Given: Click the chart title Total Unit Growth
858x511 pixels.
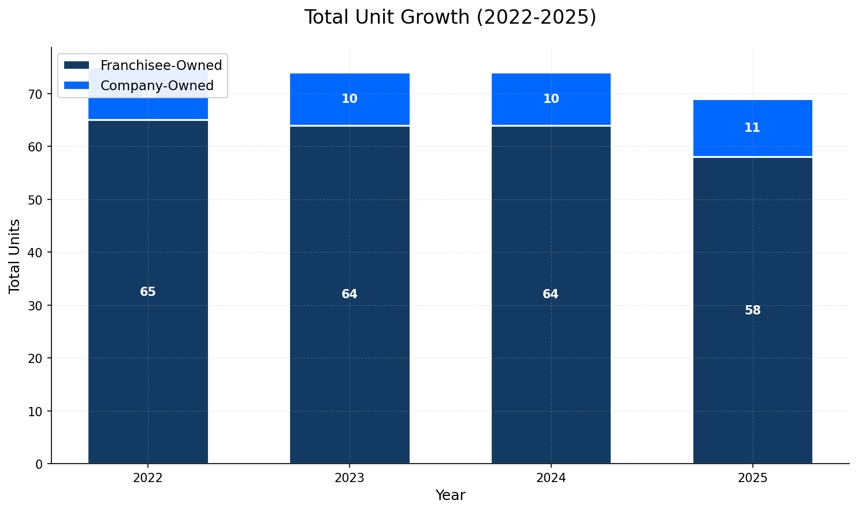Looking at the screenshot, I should (450, 17).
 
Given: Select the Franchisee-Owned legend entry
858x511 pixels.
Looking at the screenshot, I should (161, 65).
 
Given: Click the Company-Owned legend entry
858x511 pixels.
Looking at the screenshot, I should (157, 86).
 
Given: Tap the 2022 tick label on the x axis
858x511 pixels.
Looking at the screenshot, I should (148, 479).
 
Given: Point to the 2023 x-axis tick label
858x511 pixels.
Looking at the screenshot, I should (349, 479).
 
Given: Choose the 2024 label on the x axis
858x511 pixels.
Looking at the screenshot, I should (551, 479).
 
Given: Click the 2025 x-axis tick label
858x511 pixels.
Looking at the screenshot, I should (752, 479).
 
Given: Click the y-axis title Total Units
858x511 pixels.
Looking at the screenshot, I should (15, 255).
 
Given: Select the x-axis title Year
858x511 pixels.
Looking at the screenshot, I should (450, 495).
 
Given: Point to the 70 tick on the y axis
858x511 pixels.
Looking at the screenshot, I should (35, 94).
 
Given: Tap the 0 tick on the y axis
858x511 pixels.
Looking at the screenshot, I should (39, 464).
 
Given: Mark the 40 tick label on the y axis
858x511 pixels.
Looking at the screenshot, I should (35, 253).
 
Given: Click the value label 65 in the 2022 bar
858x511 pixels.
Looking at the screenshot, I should (148, 292).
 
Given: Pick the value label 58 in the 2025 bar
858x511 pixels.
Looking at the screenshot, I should (752, 310).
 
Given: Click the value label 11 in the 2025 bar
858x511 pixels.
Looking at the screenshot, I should (752, 128).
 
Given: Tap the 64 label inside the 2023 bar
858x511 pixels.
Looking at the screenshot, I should (349, 294).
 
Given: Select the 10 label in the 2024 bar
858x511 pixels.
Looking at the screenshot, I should (551, 99).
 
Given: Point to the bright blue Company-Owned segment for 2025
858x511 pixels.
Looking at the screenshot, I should (752, 142).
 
